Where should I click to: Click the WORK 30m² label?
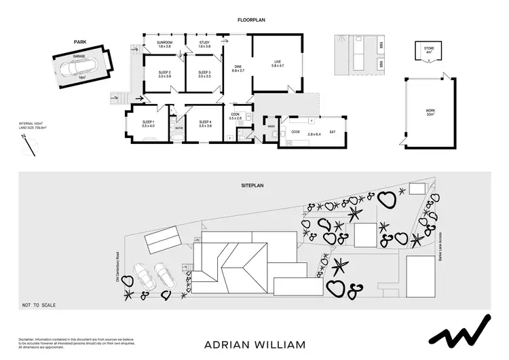click(x=430, y=111)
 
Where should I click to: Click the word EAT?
click(x=333, y=132)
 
